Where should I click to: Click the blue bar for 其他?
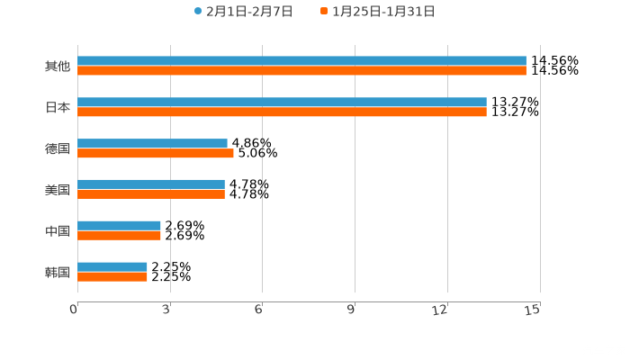301,61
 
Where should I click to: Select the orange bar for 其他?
301,70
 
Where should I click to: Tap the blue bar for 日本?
282,103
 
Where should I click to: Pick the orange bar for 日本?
282,112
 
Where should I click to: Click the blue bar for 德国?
152,143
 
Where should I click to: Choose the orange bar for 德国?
156,153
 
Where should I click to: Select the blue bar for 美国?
151,184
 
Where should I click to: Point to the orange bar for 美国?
151,193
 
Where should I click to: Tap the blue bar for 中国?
119,226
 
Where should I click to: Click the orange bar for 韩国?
112,276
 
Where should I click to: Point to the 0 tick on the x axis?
74,310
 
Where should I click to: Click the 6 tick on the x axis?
259,310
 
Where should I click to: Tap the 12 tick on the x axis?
441,310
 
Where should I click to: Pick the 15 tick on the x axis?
533,310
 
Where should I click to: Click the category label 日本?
58,107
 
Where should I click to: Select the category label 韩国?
58,272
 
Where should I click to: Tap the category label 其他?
58,66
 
